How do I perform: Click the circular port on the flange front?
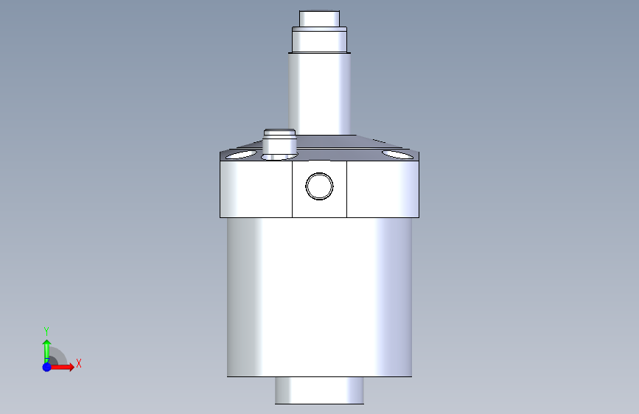pyautogui.click(x=320, y=186)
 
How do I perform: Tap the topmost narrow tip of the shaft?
pyautogui.click(x=320, y=18)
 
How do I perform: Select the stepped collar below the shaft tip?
pyautogui.click(x=320, y=40)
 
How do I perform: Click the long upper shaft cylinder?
pyautogui.click(x=320, y=94)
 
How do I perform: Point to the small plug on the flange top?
pyautogui.click(x=279, y=144)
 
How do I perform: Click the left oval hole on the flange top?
pyautogui.click(x=241, y=155)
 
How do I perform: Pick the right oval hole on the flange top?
pyautogui.click(x=397, y=155)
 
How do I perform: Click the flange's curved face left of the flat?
pyautogui.click(x=256, y=189)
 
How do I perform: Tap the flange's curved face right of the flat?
pyautogui.click(x=383, y=189)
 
